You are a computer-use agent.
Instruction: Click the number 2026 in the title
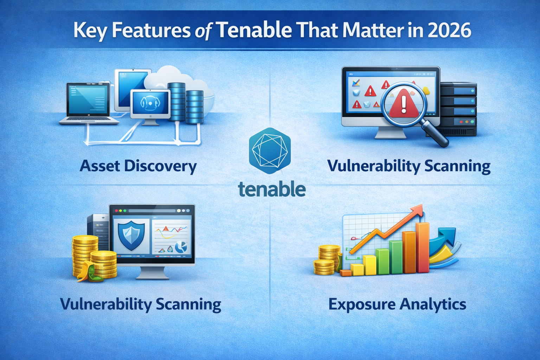point(450,31)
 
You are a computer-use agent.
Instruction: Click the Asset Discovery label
point(138,166)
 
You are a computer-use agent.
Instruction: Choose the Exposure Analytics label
point(397,304)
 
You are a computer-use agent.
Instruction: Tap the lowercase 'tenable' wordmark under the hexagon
point(272,189)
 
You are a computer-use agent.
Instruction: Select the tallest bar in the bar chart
point(422,247)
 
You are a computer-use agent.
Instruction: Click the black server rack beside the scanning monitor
point(459,109)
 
